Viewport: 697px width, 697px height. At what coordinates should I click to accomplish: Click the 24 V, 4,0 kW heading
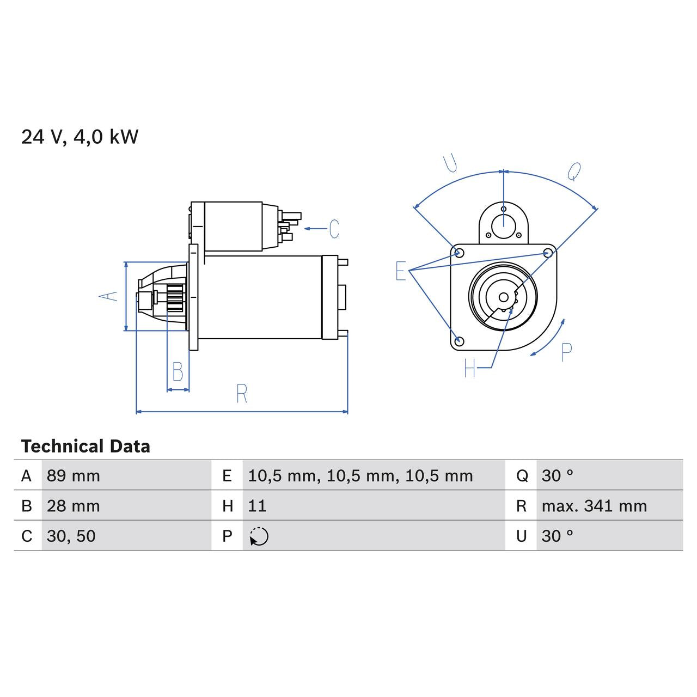coord(80,137)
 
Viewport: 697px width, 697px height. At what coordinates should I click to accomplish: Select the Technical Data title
coord(85,447)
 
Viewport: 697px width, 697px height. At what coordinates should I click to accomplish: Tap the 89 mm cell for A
coord(74,476)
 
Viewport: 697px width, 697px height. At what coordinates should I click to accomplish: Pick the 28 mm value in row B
coord(74,506)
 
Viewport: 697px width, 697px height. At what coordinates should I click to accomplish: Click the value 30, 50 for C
coord(71,536)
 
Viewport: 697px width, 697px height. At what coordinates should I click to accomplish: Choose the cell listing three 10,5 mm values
coord(360,476)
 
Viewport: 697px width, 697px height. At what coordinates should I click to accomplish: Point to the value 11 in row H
coord(257,506)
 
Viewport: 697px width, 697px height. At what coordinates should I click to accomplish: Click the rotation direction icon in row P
coord(259,536)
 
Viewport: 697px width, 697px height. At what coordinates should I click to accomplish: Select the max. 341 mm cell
coord(594,506)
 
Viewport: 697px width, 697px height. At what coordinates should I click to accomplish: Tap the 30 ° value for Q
coord(557,476)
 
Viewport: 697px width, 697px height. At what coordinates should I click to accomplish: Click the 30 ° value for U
coord(557,536)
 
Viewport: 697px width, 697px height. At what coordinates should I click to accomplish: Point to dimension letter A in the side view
coord(108,296)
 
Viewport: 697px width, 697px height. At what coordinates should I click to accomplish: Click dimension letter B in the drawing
coord(178,372)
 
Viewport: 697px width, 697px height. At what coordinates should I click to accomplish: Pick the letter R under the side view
coord(242,393)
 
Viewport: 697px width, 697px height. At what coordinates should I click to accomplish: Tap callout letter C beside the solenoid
coord(334,229)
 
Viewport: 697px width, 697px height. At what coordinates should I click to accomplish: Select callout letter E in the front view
coord(401,271)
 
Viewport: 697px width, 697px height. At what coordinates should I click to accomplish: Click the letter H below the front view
coord(470,369)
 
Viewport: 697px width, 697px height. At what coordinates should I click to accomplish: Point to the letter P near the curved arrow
coord(566,353)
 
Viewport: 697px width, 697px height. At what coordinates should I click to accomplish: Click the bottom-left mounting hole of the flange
coord(459,341)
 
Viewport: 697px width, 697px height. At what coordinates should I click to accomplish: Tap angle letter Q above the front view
coord(574,172)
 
